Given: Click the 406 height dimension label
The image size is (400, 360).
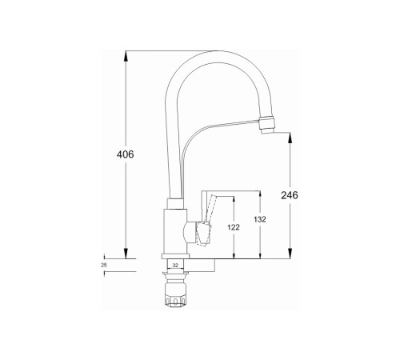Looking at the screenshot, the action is (x=125, y=154).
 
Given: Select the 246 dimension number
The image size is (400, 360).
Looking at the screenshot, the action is (x=290, y=195).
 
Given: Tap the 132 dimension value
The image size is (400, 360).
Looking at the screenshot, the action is (x=260, y=219).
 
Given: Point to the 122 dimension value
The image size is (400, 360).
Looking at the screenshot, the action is (x=234, y=227).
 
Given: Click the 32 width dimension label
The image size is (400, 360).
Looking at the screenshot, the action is (x=175, y=266).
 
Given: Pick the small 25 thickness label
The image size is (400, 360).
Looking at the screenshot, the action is (x=104, y=266).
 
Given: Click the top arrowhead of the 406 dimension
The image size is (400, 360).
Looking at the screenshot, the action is (x=126, y=55).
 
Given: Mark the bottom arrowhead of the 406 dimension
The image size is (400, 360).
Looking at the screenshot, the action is (x=126, y=254).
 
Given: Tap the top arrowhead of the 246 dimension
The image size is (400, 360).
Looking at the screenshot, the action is (x=290, y=138).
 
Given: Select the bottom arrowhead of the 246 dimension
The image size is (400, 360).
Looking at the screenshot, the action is (x=290, y=254).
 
